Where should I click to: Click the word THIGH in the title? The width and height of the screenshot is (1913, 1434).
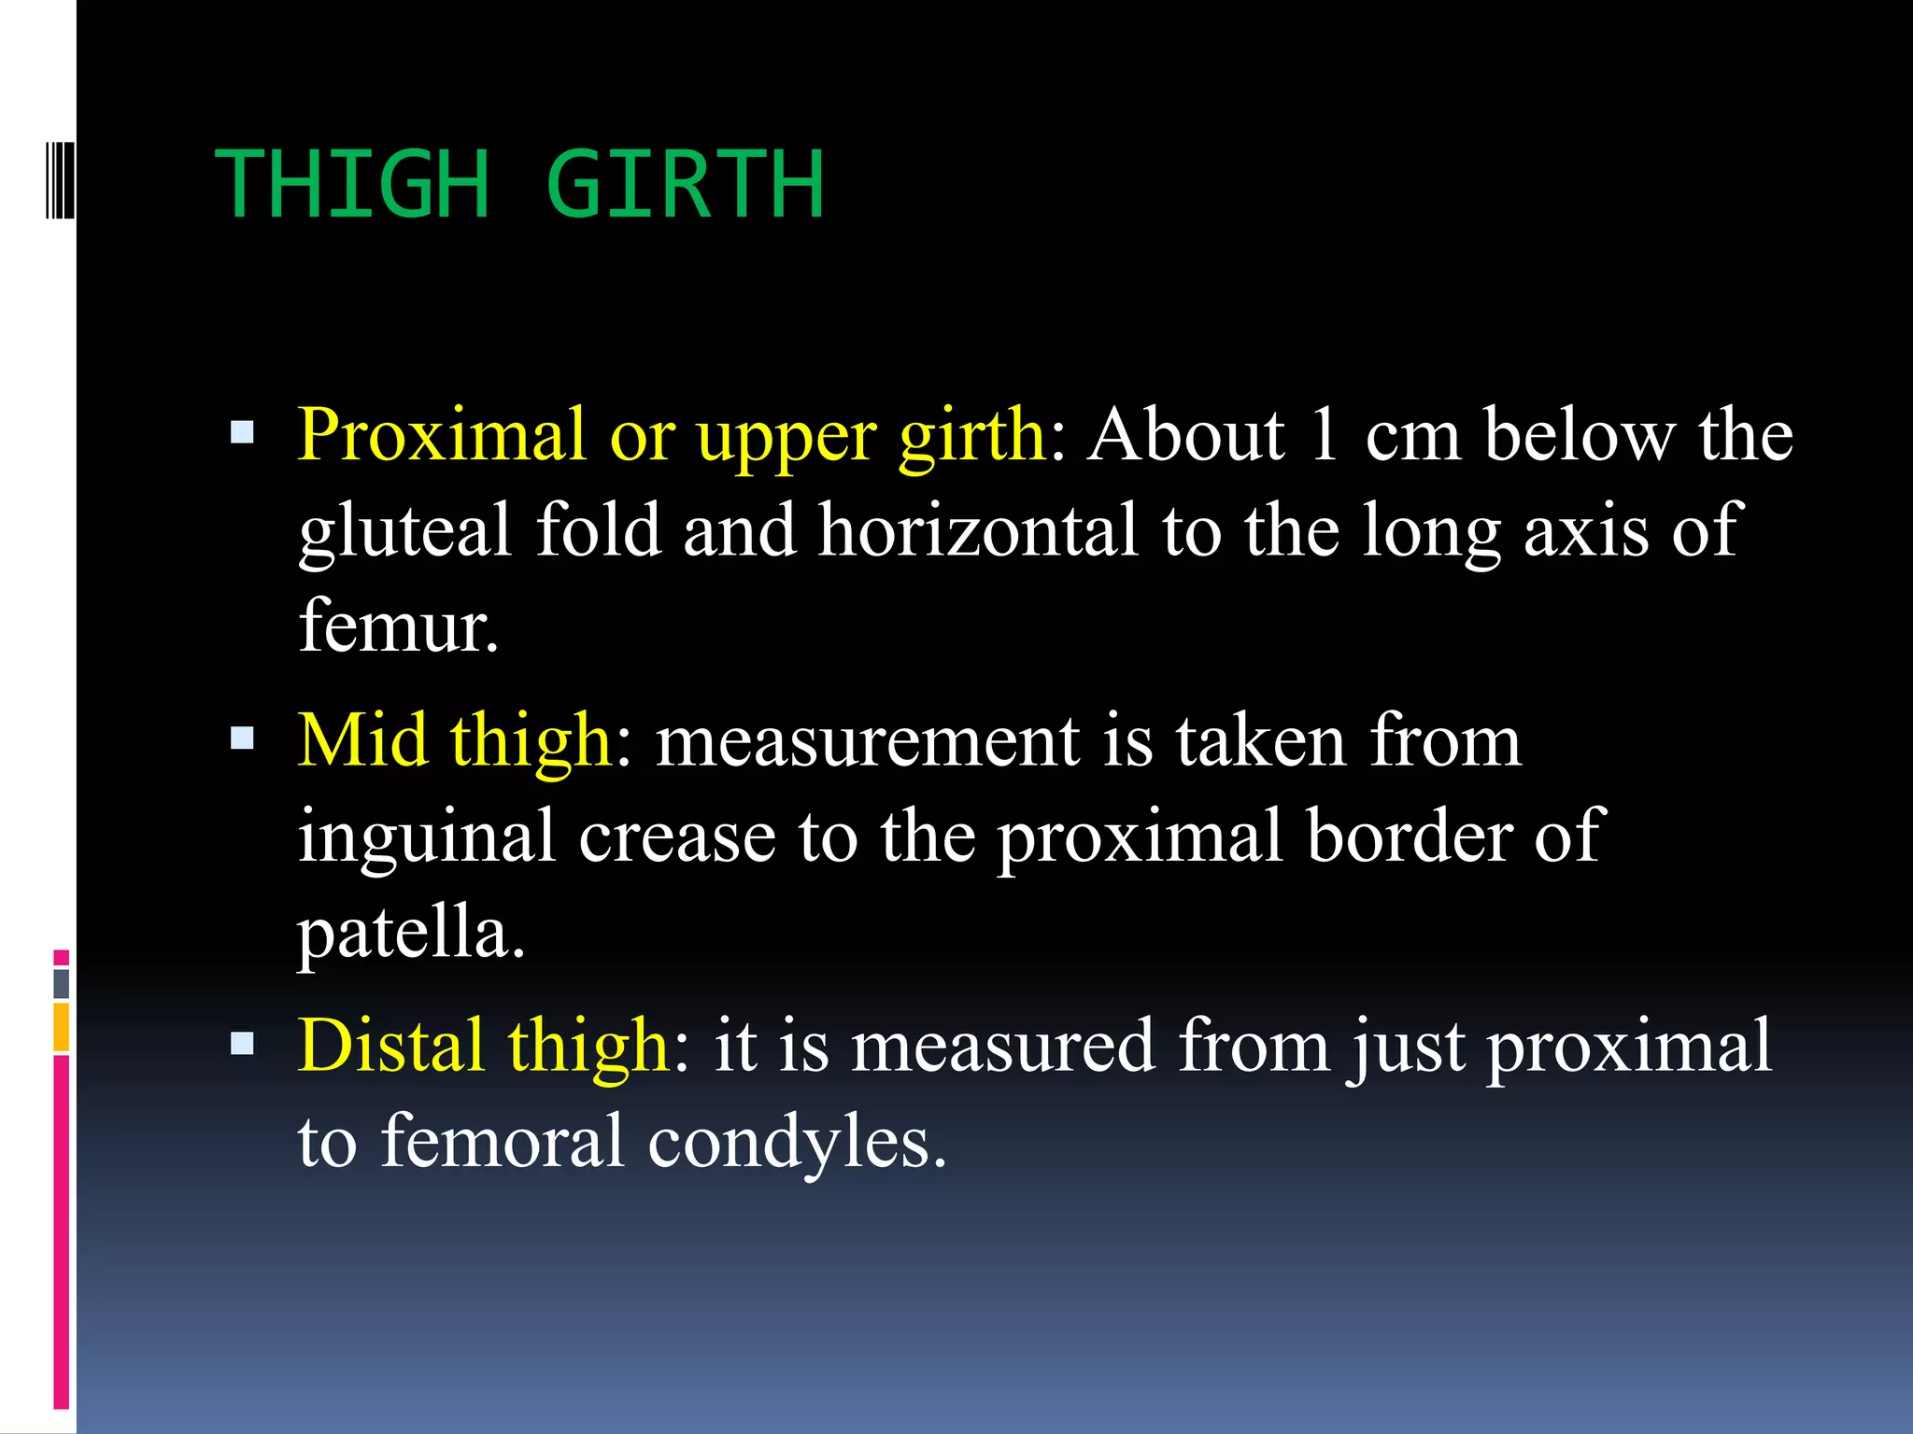(353, 185)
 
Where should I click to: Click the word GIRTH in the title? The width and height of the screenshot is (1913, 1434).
(685, 185)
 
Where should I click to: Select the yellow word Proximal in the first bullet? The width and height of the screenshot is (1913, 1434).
(442, 435)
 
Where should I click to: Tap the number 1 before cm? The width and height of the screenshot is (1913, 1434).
(1324, 435)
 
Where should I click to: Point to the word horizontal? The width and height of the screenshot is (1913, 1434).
(978, 530)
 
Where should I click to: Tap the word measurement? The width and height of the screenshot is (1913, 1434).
(868, 742)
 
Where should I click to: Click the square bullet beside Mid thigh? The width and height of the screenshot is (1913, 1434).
(242, 739)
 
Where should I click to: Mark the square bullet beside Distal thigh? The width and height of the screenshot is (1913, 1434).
(242, 1044)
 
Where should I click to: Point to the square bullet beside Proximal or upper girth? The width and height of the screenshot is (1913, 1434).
(242, 432)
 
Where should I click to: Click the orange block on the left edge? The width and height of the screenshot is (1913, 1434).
(62, 1027)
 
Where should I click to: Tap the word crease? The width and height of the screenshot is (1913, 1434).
(677, 837)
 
